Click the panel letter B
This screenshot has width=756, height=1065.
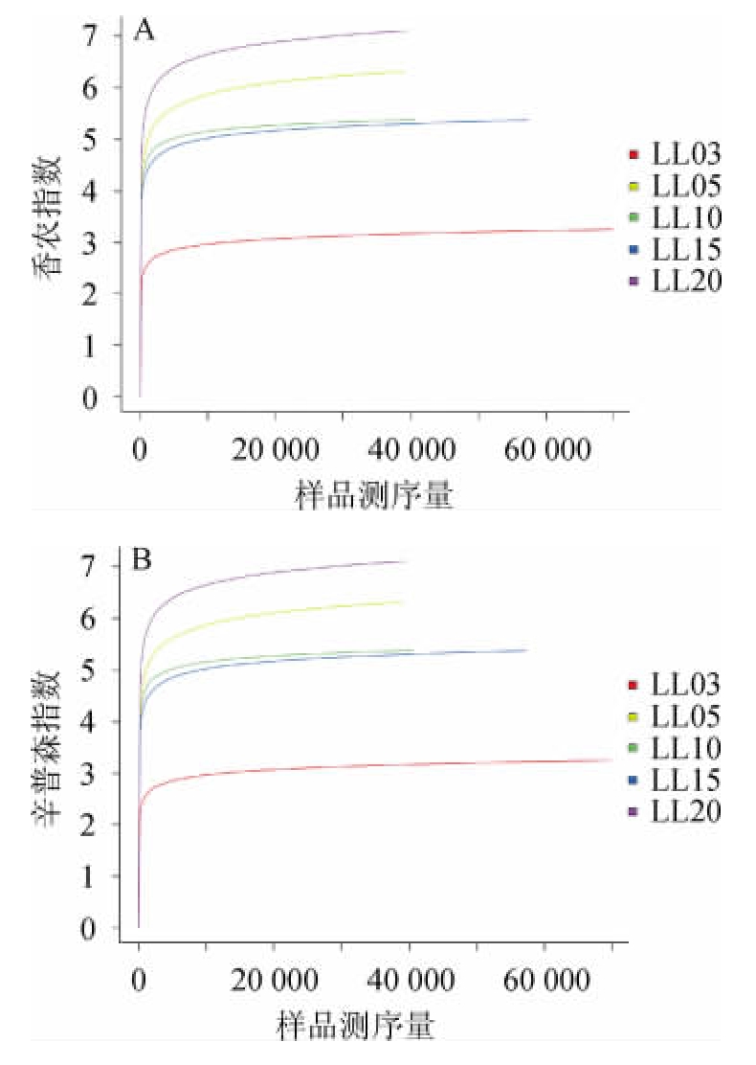[x=144, y=559]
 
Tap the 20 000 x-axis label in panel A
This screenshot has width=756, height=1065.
[x=275, y=448]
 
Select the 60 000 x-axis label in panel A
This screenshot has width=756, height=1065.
[x=545, y=448]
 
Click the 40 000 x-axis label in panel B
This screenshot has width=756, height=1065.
[x=410, y=980]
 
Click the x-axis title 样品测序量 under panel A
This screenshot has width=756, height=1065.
[x=372, y=495]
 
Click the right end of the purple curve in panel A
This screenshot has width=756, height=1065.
[x=408, y=32]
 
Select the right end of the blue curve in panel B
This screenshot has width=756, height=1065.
[x=526, y=650]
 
